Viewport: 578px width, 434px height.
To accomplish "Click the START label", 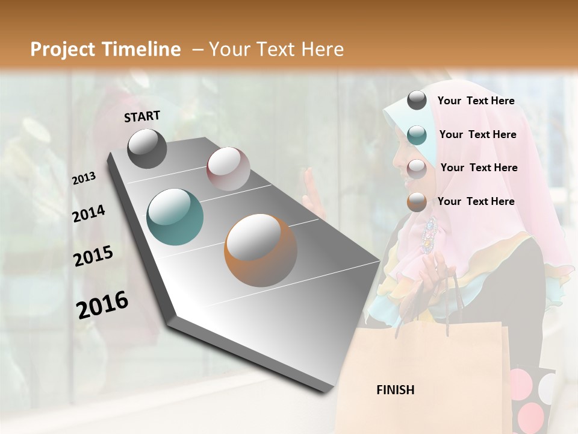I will (142, 116).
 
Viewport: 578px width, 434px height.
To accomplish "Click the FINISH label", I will (395, 390).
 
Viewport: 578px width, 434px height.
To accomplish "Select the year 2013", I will (84, 178).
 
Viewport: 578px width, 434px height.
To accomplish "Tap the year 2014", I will (89, 213).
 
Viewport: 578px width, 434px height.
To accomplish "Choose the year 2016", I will (102, 305).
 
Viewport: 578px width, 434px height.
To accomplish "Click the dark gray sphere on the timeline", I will (147, 148).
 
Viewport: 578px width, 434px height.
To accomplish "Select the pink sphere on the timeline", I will (228, 169).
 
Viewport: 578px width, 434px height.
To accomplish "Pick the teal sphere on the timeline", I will (175, 217).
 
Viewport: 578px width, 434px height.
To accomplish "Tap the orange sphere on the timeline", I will (260, 250).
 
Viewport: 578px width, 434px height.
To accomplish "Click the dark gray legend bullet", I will (417, 101).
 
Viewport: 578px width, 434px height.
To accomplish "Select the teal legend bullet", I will (417, 135).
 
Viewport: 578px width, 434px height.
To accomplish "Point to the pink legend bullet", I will (417, 169).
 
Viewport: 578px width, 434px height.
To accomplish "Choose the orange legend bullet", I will (417, 202).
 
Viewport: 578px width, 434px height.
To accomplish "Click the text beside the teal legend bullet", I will (477, 134).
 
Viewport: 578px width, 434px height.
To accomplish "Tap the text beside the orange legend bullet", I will (476, 201).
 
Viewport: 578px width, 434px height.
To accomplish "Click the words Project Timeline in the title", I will (105, 49).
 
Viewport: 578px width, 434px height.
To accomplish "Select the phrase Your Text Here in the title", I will (276, 49).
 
